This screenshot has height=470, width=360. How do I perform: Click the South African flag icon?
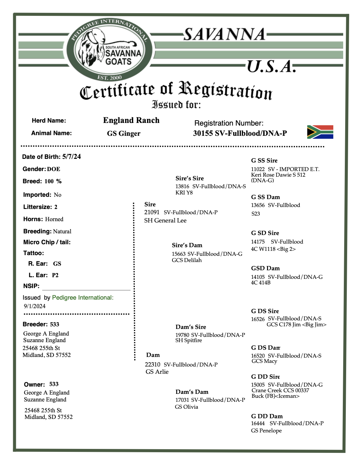(x=320, y=132)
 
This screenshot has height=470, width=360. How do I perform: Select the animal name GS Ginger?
(x=124, y=133)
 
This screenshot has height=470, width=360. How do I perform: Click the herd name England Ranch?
(x=131, y=120)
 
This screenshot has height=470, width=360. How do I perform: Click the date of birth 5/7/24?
(x=72, y=157)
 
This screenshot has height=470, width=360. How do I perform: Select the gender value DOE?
(x=54, y=169)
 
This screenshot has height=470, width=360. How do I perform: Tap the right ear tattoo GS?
(x=57, y=264)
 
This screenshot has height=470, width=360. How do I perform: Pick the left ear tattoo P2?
(x=55, y=275)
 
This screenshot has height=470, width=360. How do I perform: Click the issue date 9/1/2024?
(x=35, y=306)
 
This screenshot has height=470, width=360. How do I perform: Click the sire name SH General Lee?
(x=165, y=220)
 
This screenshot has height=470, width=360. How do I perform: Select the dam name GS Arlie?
(x=157, y=372)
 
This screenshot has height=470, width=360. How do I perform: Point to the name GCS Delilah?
(x=187, y=260)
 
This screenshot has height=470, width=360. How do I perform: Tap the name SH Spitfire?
(x=189, y=340)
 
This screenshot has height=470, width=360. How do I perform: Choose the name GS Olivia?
(x=187, y=407)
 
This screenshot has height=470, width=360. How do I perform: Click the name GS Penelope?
(x=266, y=430)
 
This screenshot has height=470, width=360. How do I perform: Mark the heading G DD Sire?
(x=265, y=377)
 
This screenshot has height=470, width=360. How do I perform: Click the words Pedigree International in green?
(x=82, y=298)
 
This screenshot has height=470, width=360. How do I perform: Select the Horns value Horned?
(x=54, y=219)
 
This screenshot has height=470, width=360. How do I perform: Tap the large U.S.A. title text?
(x=270, y=67)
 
